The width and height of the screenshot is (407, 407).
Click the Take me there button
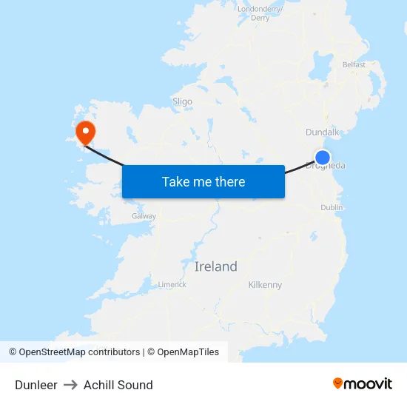click(x=203, y=181)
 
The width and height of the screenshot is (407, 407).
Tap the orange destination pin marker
click(x=86, y=132)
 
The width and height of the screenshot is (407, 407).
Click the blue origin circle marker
click(x=323, y=157)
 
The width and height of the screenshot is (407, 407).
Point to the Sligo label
click(x=182, y=101)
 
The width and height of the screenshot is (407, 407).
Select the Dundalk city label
click(x=322, y=132)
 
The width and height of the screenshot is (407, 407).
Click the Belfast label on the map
click(x=354, y=64)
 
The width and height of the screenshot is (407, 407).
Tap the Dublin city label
click(x=332, y=208)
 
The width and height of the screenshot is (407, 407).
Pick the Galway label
click(x=144, y=216)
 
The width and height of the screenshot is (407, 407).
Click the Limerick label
click(x=172, y=284)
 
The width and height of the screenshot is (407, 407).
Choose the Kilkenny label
click(x=265, y=285)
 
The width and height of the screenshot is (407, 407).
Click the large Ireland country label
click(x=216, y=266)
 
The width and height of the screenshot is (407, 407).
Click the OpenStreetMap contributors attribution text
click(x=74, y=352)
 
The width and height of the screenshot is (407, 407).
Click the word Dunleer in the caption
click(x=36, y=385)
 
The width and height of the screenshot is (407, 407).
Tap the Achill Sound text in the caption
click(x=118, y=385)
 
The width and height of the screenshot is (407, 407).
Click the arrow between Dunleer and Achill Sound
click(x=70, y=385)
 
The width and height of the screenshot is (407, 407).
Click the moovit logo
click(x=363, y=383)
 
